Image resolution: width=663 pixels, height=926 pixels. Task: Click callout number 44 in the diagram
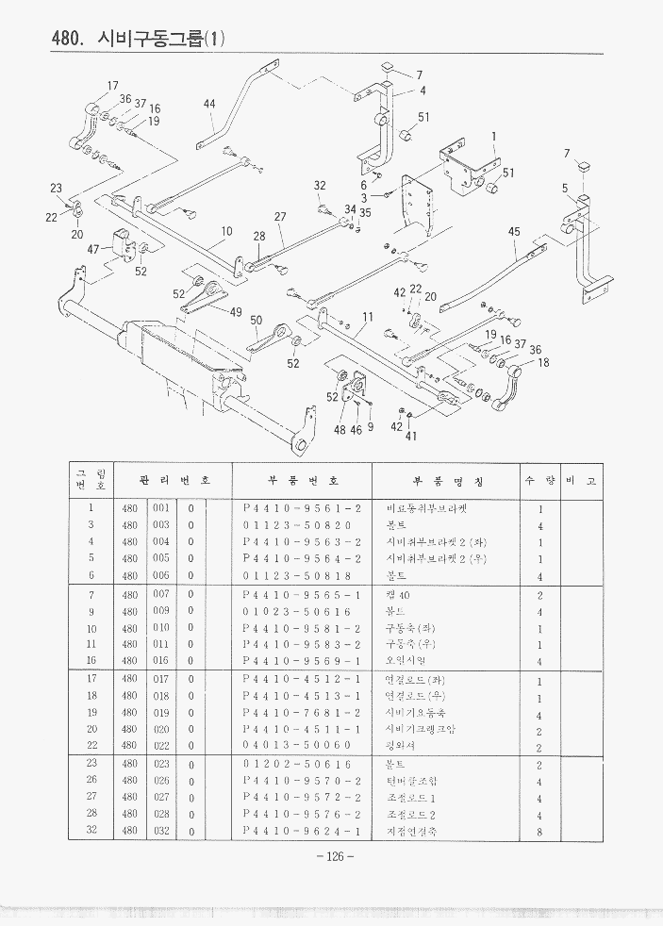(x=209, y=104)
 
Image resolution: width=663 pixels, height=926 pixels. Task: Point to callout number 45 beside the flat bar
(x=514, y=232)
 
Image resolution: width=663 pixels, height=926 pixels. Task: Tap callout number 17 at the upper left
(x=112, y=86)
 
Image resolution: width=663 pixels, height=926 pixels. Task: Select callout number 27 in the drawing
(x=280, y=217)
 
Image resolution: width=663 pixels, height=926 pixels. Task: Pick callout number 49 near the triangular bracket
(x=236, y=312)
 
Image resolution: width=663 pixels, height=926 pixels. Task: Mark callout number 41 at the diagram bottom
(x=410, y=436)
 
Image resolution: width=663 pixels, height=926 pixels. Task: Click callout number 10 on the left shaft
(x=226, y=231)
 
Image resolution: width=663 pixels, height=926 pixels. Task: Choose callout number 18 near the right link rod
(x=543, y=362)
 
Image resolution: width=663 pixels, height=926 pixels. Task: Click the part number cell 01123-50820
(x=296, y=525)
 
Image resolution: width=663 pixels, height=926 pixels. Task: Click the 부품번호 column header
(x=301, y=481)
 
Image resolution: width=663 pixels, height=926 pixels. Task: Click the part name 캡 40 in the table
(x=398, y=595)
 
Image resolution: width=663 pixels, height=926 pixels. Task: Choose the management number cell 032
(x=160, y=831)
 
